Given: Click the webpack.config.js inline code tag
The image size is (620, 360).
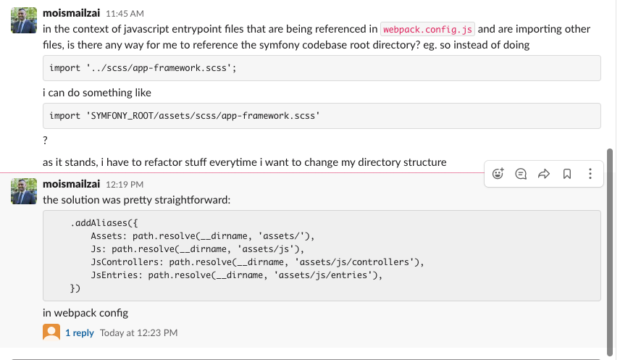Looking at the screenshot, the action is [x=427, y=29].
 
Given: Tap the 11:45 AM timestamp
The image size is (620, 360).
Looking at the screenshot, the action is [x=125, y=14].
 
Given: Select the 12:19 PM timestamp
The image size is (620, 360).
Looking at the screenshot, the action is [x=125, y=185].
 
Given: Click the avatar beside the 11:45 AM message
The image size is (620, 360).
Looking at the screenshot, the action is [x=24, y=20].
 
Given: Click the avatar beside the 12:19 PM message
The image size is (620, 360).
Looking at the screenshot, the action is [x=24, y=191].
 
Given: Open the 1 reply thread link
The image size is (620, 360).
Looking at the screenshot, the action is [x=80, y=332].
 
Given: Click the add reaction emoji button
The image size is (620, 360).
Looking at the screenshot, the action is [x=498, y=174].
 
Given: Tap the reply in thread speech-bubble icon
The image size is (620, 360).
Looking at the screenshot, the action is [x=521, y=174].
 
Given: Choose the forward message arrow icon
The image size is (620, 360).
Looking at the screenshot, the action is [x=544, y=174].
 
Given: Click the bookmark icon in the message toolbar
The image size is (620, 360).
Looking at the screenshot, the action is [x=567, y=174].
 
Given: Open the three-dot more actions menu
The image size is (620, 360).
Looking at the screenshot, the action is [x=590, y=174].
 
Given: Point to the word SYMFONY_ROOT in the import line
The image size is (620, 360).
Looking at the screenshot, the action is [x=122, y=116].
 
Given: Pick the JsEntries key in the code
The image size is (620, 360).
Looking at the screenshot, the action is [x=114, y=275].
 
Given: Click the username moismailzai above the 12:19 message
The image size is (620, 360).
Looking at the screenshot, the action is [x=71, y=184].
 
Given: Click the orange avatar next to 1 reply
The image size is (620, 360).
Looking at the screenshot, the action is [x=51, y=332].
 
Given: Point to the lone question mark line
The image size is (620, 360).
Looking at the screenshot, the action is [x=45, y=140].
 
